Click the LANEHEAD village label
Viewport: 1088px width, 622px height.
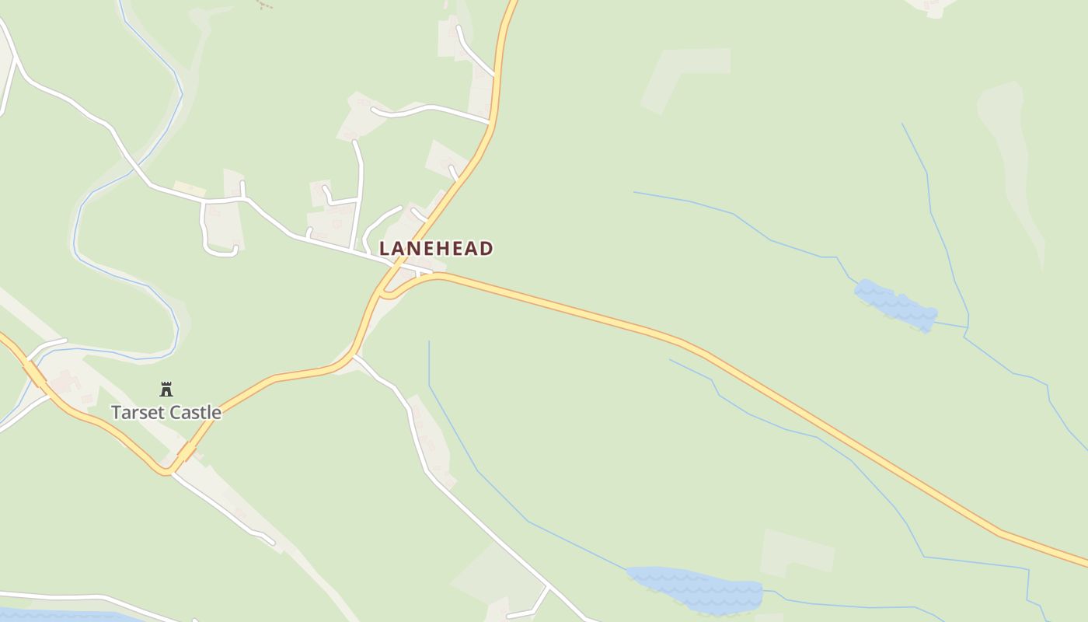[436, 249]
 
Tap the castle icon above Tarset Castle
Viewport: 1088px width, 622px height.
[166, 389]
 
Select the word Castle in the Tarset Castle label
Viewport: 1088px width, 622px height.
[195, 413]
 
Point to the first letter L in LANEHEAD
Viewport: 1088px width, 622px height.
[384, 249]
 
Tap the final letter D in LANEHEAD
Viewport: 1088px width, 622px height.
[486, 249]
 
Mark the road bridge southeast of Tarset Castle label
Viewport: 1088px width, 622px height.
[187, 451]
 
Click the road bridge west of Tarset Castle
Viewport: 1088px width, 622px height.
[34, 373]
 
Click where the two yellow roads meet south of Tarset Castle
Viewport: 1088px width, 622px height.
[167, 470]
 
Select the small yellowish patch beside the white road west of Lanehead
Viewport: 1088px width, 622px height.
[189, 189]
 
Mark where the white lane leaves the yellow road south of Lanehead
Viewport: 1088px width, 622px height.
[354, 356]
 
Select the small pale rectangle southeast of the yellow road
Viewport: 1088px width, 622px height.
[797, 552]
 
